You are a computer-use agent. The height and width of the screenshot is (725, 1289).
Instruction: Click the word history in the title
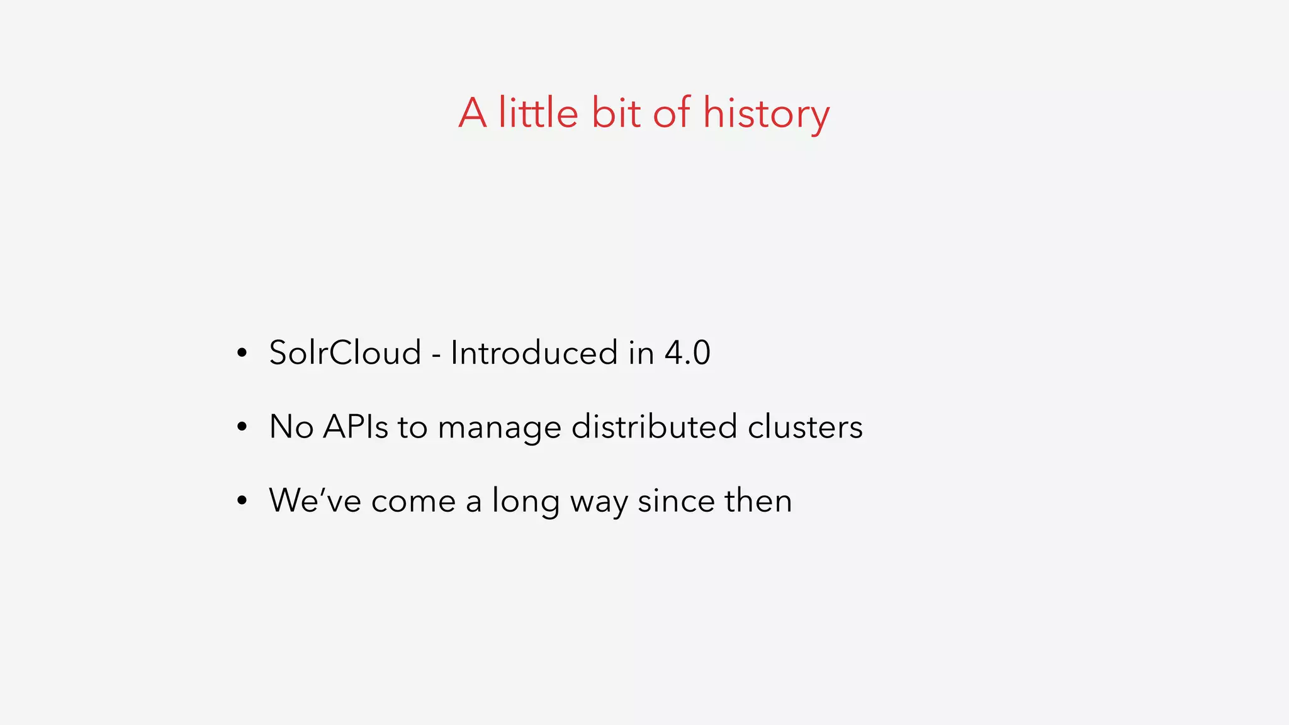pos(766,114)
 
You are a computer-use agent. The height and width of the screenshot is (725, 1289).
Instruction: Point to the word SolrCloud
pos(345,352)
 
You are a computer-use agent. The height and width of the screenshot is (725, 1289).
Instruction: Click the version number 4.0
pos(687,352)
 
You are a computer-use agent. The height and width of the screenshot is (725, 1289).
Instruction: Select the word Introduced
pos(534,352)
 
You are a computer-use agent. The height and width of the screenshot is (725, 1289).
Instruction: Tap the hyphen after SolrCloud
pos(436,355)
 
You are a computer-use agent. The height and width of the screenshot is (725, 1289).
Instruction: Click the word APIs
pos(356,427)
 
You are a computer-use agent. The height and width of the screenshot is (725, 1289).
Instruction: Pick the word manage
pos(499,428)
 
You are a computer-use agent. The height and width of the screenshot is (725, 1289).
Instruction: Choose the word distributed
pos(654,427)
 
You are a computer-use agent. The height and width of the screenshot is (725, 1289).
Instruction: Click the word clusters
pos(805,427)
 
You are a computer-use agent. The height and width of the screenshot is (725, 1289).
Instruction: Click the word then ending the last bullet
pos(758,501)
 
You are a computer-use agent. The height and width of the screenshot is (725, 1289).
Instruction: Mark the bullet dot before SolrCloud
pos(242,354)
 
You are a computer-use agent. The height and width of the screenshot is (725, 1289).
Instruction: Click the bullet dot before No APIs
pos(242,428)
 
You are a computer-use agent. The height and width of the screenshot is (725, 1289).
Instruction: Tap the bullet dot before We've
pos(242,502)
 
